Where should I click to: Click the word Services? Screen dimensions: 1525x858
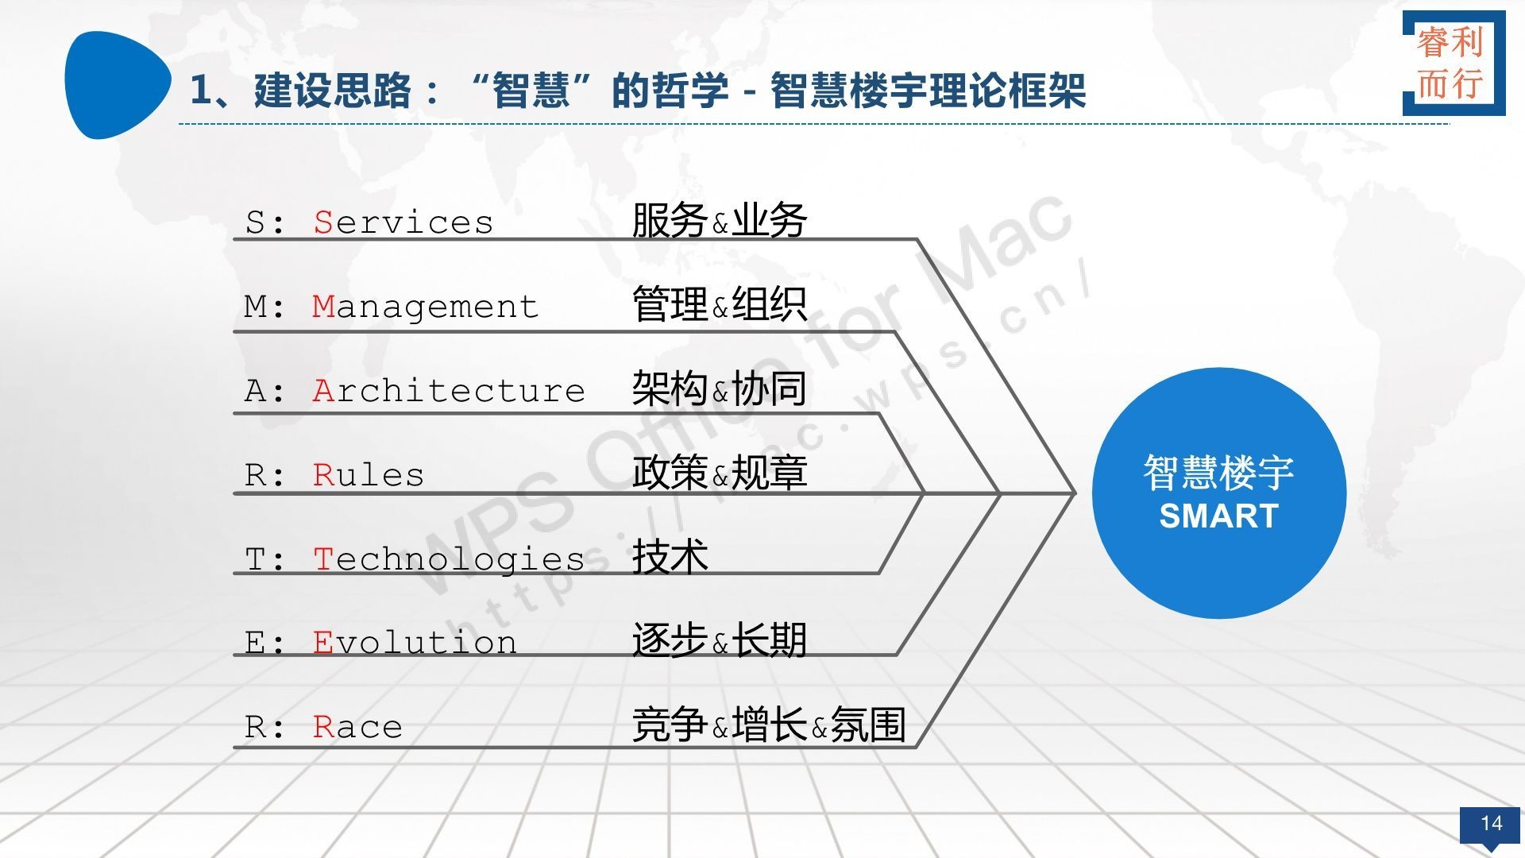[x=403, y=222]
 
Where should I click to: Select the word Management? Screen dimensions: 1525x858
[x=426, y=307]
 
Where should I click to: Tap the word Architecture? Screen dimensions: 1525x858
[x=449, y=391]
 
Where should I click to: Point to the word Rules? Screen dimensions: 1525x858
[x=369, y=475]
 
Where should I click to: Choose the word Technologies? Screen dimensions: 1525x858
[x=449, y=559]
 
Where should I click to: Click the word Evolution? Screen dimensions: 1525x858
[x=415, y=643]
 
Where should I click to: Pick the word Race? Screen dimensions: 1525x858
[x=357, y=727]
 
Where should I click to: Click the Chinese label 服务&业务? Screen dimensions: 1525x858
[x=720, y=220]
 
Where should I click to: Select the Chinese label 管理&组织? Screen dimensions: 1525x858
[x=720, y=304]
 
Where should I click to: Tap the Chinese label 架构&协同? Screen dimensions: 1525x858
[x=720, y=388]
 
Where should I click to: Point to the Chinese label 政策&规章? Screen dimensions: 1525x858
[x=720, y=473]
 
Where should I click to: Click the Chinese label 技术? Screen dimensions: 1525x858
[x=670, y=556]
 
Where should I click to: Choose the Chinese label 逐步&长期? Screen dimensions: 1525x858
[x=720, y=640]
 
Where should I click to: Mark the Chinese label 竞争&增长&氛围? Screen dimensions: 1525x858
[x=769, y=725]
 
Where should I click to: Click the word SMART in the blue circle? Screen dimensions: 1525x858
[x=1219, y=516]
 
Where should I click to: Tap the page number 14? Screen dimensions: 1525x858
[x=1491, y=823]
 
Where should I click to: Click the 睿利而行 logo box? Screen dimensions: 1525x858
[x=1454, y=63]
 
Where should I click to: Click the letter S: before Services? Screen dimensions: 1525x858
[x=264, y=222]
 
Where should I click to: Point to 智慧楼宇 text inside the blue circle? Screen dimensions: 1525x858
[x=1219, y=473]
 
